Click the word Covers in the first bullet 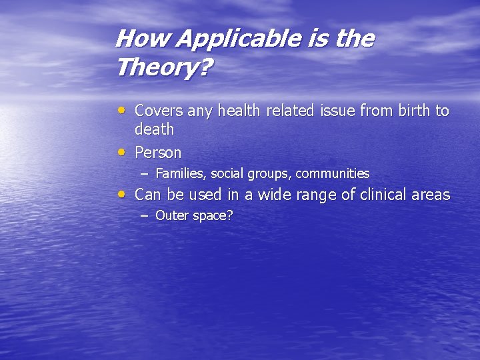[x=159, y=111]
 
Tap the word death [x=154, y=129]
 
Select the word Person [x=158, y=153]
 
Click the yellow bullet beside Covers [x=121, y=109]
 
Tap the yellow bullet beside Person [x=121, y=151]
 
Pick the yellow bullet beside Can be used [x=121, y=194]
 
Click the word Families [x=180, y=174]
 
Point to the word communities [x=332, y=174]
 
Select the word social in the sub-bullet [x=227, y=174]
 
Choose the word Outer [x=171, y=215]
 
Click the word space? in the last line [x=211, y=216]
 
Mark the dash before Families [x=144, y=174]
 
